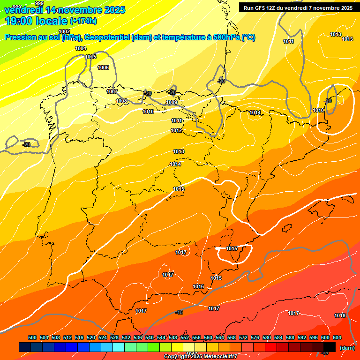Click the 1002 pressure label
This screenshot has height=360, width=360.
(x=64, y=31)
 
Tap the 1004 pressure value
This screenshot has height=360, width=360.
(x=81, y=48)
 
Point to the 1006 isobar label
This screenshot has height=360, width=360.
(x=103, y=68)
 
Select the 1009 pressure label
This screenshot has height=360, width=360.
(x=172, y=102)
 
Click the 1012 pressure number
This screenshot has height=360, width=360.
(x=176, y=130)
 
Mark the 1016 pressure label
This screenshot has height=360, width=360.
(x=198, y=286)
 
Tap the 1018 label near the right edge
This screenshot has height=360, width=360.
(x=340, y=315)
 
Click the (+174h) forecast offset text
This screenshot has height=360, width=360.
(x=83, y=21)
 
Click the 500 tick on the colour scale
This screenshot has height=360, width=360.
(x=32, y=337)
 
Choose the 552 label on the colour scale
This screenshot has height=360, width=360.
(x=185, y=337)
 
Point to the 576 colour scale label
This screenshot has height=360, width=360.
(x=255, y=337)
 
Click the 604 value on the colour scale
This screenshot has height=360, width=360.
(x=337, y=337)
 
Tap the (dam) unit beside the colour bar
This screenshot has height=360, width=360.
(x=347, y=347)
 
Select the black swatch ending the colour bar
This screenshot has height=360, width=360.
(x=330, y=347)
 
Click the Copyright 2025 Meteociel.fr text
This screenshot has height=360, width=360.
(x=200, y=357)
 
